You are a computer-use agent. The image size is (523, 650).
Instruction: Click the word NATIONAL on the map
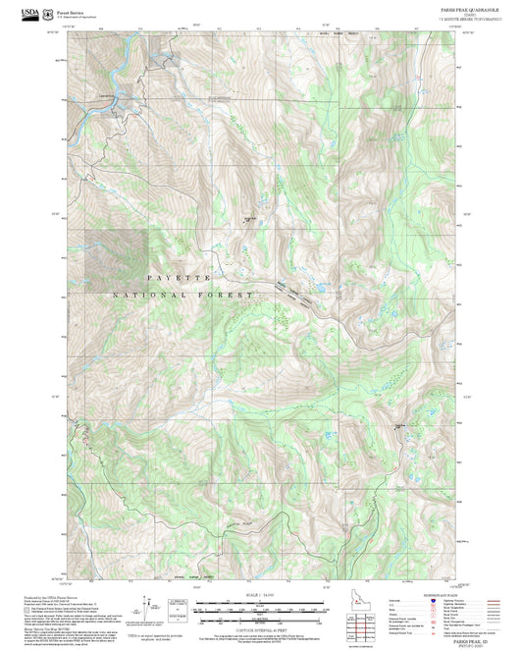coord(147,295)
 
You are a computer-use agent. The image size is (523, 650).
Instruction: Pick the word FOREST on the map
coord(231,295)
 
